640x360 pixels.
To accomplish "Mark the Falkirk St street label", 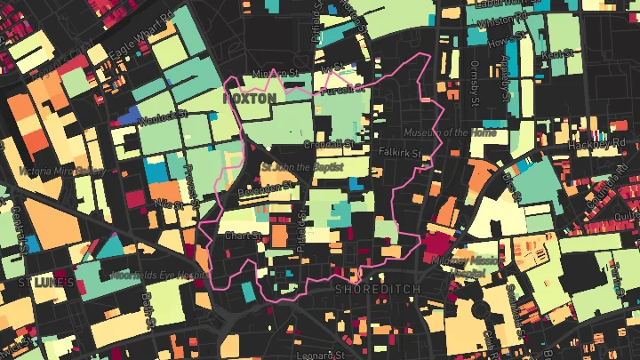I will pyautogui.click(x=401, y=153).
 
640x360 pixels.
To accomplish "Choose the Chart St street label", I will pyautogui.click(x=242, y=236).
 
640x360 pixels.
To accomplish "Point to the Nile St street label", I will pyautogui.click(x=166, y=204).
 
